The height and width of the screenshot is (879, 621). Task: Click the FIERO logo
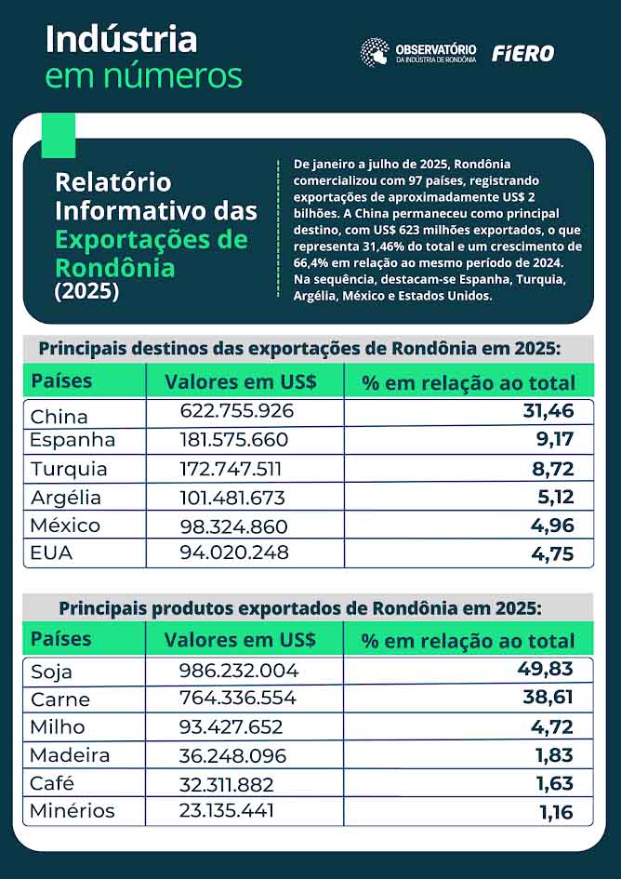coord(522,54)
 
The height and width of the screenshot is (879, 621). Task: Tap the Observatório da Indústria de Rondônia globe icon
coord(375,52)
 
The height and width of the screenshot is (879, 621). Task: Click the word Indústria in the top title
coord(121,39)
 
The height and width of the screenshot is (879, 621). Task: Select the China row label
coord(59,416)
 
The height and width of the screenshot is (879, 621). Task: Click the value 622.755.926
coord(236,410)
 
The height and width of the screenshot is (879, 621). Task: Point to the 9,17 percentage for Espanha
coord(553,439)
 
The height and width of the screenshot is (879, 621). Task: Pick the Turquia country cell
coord(69,469)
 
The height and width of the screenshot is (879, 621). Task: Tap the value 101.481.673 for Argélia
coord(232,498)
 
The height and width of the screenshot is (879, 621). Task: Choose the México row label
coord(65,526)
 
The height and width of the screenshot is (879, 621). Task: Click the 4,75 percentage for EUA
coord(553,553)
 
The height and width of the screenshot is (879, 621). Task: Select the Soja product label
coord(51,672)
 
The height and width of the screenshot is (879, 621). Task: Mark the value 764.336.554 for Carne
coord(239,699)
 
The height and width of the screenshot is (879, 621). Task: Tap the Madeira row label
coord(70,755)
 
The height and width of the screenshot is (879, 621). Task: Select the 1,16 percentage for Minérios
coord(555,811)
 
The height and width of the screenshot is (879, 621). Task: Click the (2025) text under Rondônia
coord(86,291)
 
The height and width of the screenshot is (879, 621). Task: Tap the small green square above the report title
coord(59,136)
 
